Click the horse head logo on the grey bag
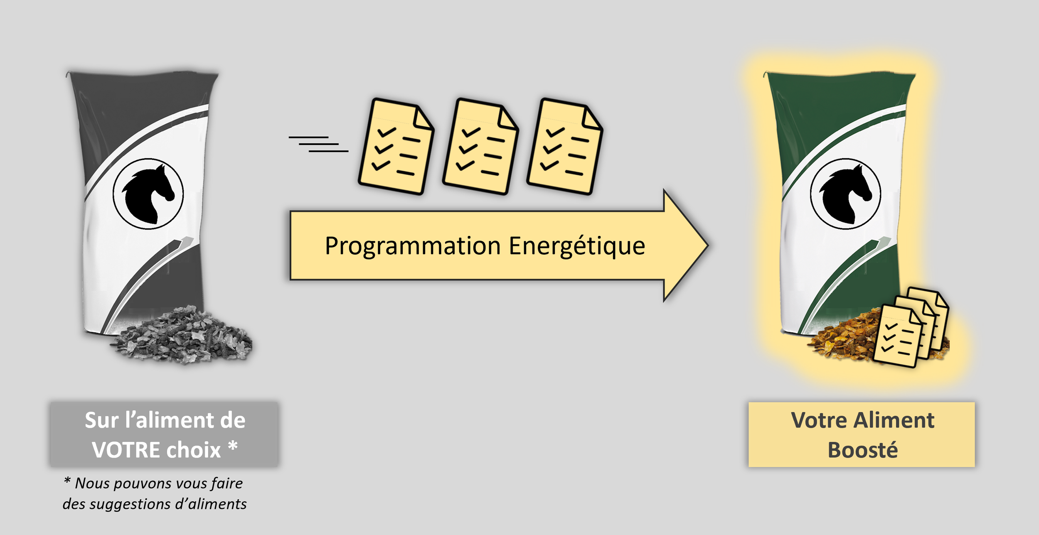coord(148,194)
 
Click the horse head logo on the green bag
coord(845,194)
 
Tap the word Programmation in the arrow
coord(412,246)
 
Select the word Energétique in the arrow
coord(577,246)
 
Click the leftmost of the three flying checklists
coord(396,146)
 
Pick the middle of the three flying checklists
coord(480,146)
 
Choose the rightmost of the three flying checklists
coord(564,146)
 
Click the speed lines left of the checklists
coord(318,144)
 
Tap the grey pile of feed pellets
coord(183,336)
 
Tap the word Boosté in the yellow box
coord(862,450)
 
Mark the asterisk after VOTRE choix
coord(233,446)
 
